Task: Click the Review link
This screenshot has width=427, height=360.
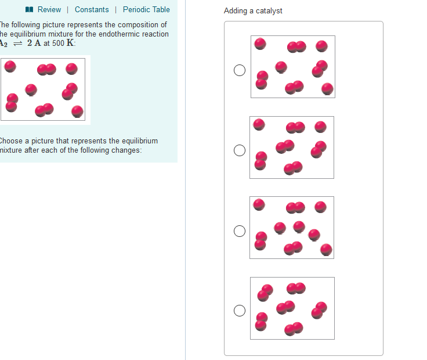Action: (49, 10)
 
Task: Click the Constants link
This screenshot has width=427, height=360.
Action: (92, 10)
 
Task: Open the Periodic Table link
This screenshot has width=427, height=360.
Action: (146, 10)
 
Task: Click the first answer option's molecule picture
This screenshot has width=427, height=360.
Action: (292, 67)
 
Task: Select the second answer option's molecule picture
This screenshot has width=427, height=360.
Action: (292, 147)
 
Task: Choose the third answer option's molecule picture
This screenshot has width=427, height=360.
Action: (292, 228)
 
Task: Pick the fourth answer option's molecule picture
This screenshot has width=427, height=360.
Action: (292, 308)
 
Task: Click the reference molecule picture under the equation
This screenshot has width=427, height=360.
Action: (45, 90)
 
